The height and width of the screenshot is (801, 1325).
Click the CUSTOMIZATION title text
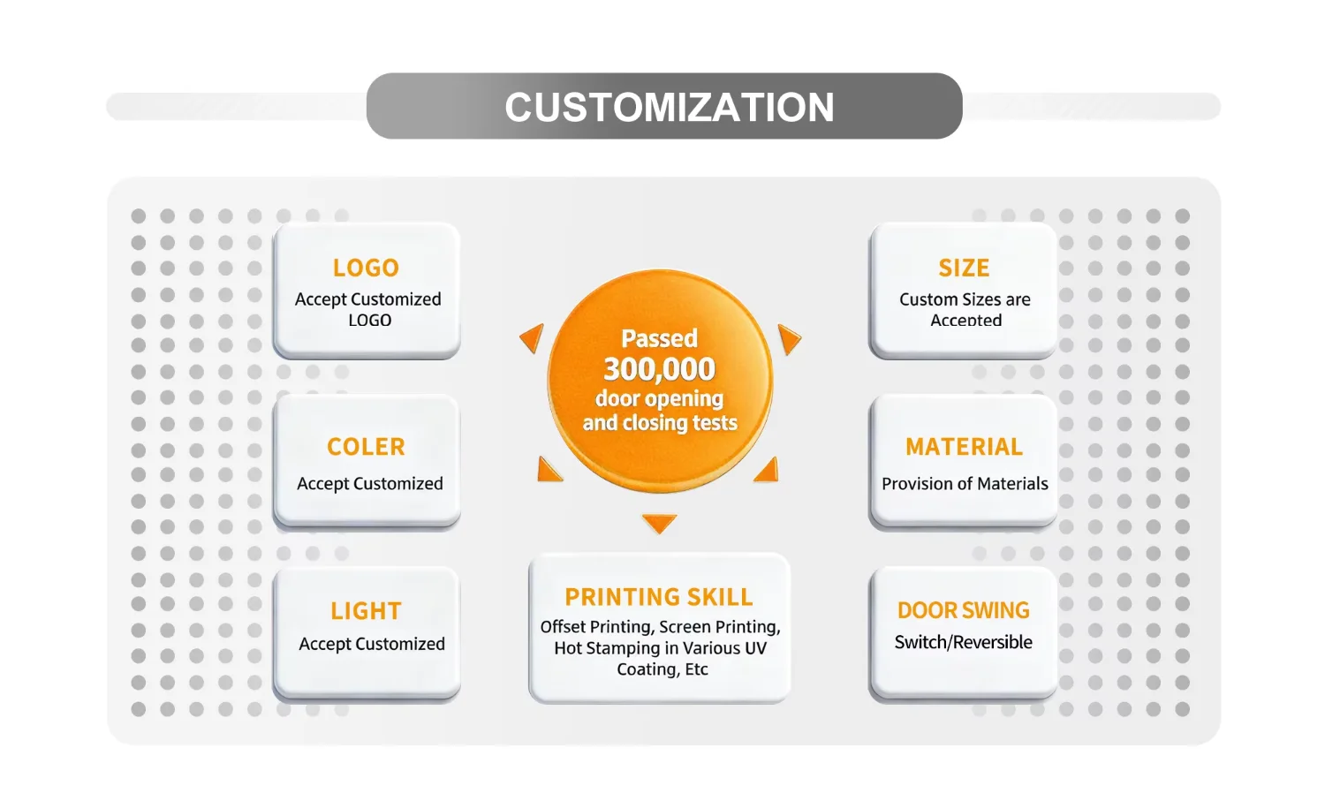tap(669, 107)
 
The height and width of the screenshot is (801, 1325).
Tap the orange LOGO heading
tap(367, 268)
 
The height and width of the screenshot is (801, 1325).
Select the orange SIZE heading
tap(965, 268)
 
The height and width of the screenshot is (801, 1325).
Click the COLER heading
tap(367, 447)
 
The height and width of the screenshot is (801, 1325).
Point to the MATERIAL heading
tap(965, 447)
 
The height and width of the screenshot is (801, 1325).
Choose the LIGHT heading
tap(367, 610)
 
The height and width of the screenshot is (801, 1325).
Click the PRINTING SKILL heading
tap(659, 597)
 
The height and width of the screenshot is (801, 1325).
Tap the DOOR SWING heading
tap(964, 610)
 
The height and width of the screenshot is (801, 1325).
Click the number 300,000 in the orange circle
tap(660, 369)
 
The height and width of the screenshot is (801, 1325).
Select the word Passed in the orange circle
tap(660, 338)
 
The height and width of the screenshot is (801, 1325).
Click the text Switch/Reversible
tap(964, 642)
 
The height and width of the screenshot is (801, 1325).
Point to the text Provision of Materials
tap(965, 483)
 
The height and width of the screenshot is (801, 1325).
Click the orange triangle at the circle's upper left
tap(533, 337)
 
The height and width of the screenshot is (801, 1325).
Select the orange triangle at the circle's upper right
tap(788, 338)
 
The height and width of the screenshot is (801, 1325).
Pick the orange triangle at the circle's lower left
tap(548, 471)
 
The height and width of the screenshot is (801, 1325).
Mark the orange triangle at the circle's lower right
tap(768, 472)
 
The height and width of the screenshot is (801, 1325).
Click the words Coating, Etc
tap(662, 669)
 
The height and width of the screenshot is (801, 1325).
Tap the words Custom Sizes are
tap(965, 299)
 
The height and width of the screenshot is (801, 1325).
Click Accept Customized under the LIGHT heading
tap(372, 644)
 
